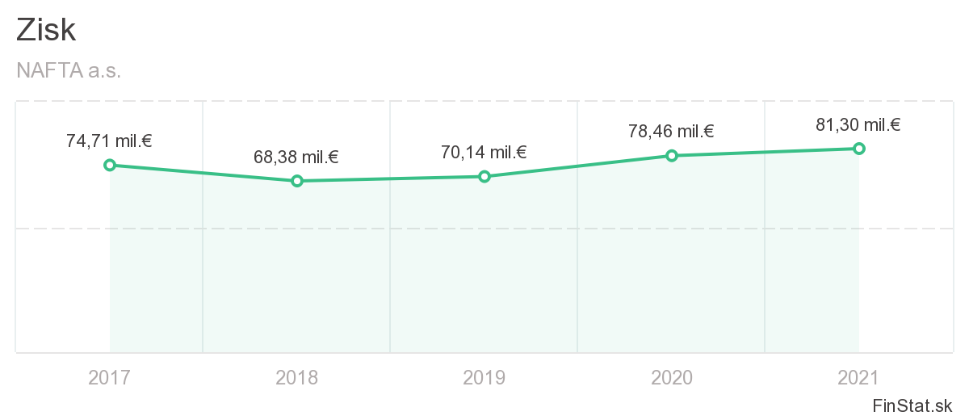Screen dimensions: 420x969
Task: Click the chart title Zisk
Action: pos(46,30)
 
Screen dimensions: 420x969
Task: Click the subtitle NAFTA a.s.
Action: pos(69,71)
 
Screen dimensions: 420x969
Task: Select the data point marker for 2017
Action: pos(110,165)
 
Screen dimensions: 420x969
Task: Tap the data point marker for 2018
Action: pos(297,181)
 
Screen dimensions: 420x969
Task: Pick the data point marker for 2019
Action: pos(484,176)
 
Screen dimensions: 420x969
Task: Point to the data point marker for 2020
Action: pos(671,155)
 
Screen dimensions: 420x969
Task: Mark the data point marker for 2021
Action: pos(858,148)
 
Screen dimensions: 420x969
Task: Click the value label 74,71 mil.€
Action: pos(109,141)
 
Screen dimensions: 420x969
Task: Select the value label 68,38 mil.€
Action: pos(296,157)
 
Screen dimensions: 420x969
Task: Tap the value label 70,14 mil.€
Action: pos(484,152)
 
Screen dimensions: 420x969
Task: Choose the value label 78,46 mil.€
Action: pos(671,132)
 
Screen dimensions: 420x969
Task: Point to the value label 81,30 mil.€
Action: pos(858,124)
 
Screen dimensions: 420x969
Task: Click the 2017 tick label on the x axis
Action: pos(110,377)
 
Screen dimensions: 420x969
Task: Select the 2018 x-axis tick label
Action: pos(297,377)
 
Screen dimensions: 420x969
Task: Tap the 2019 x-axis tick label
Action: pos(484,377)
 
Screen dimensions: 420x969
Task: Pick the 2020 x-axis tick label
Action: pos(671,377)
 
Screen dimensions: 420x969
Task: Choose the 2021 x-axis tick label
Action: pos(858,377)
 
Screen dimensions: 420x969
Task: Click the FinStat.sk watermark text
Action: pos(912,405)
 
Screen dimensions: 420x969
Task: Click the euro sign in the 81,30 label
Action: pos(895,124)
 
